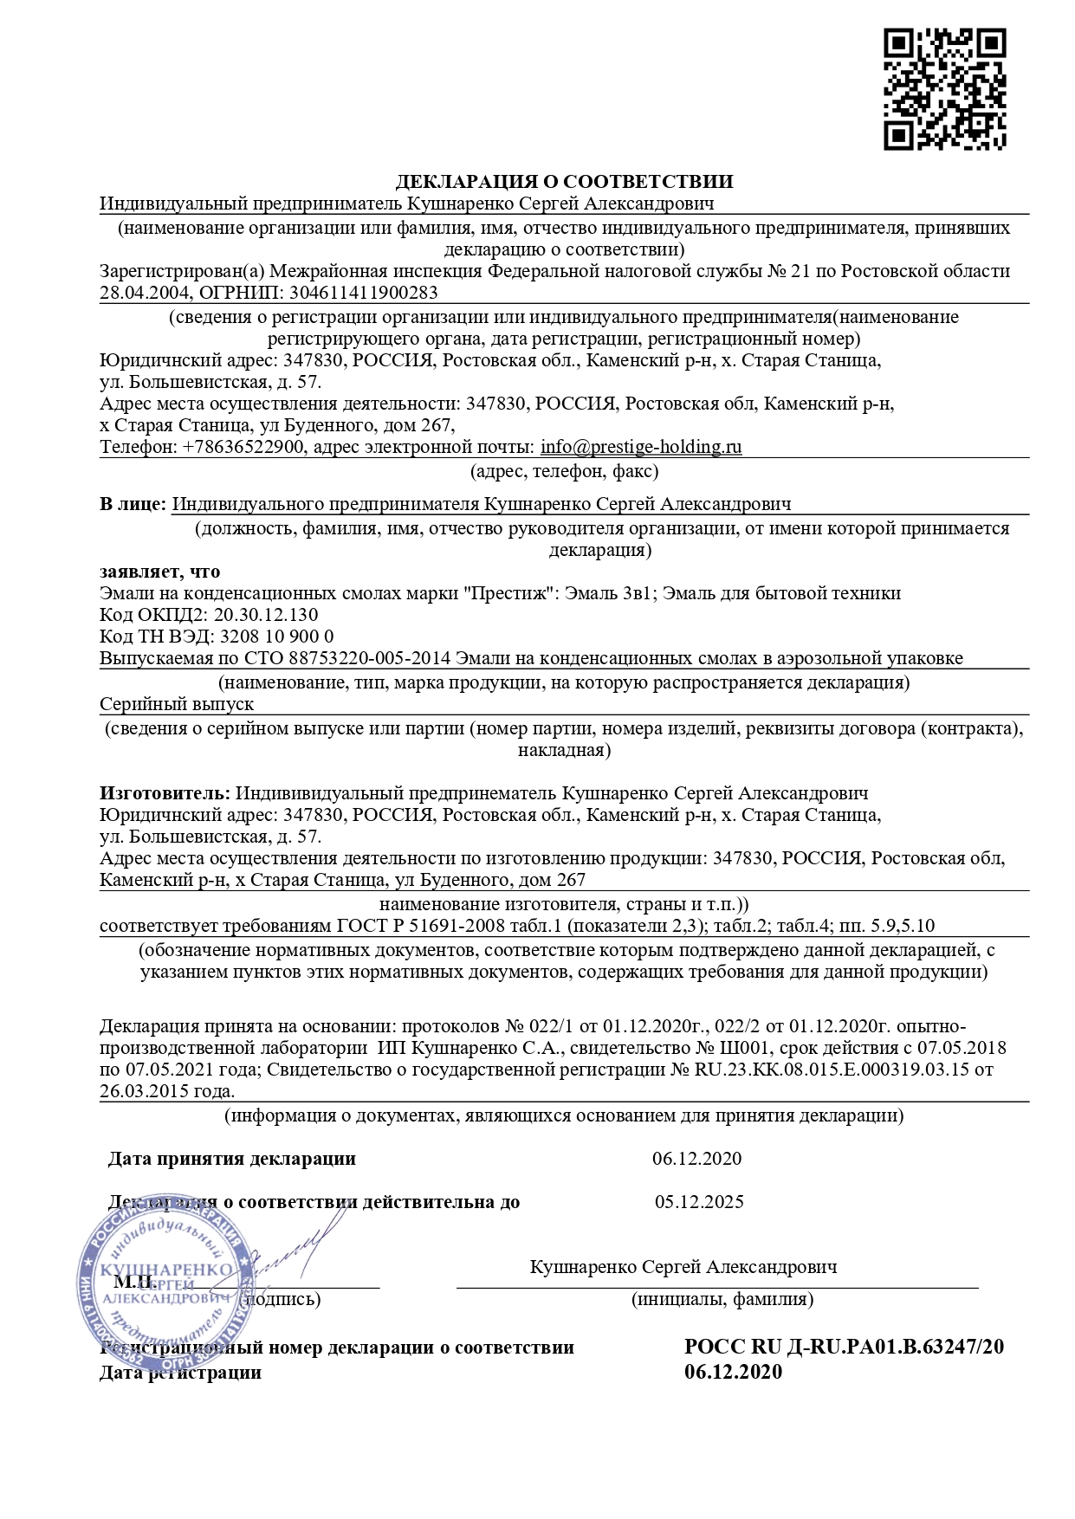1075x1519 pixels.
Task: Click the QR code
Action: click(944, 89)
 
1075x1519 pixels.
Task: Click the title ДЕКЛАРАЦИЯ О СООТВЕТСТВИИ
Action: click(564, 182)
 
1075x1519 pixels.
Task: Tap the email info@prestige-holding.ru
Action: click(641, 448)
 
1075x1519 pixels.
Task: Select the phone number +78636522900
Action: click(243, 448)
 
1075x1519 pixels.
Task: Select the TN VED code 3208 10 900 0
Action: click(277, 637)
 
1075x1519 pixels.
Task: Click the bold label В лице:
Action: click(133, 504)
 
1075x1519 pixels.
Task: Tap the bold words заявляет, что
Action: click(159, 572)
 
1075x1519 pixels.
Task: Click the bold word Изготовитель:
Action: click(165, 793)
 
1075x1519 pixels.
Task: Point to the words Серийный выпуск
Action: click(177, 704)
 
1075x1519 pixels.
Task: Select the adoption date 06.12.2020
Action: click(696, 1159)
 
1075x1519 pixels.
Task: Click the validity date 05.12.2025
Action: click(699, 1202)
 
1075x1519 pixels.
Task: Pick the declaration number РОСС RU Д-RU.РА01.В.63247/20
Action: click(844, 1347)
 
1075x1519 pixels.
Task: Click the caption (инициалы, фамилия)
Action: click(722, 1299)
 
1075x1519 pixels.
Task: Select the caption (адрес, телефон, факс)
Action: click(564, 471)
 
